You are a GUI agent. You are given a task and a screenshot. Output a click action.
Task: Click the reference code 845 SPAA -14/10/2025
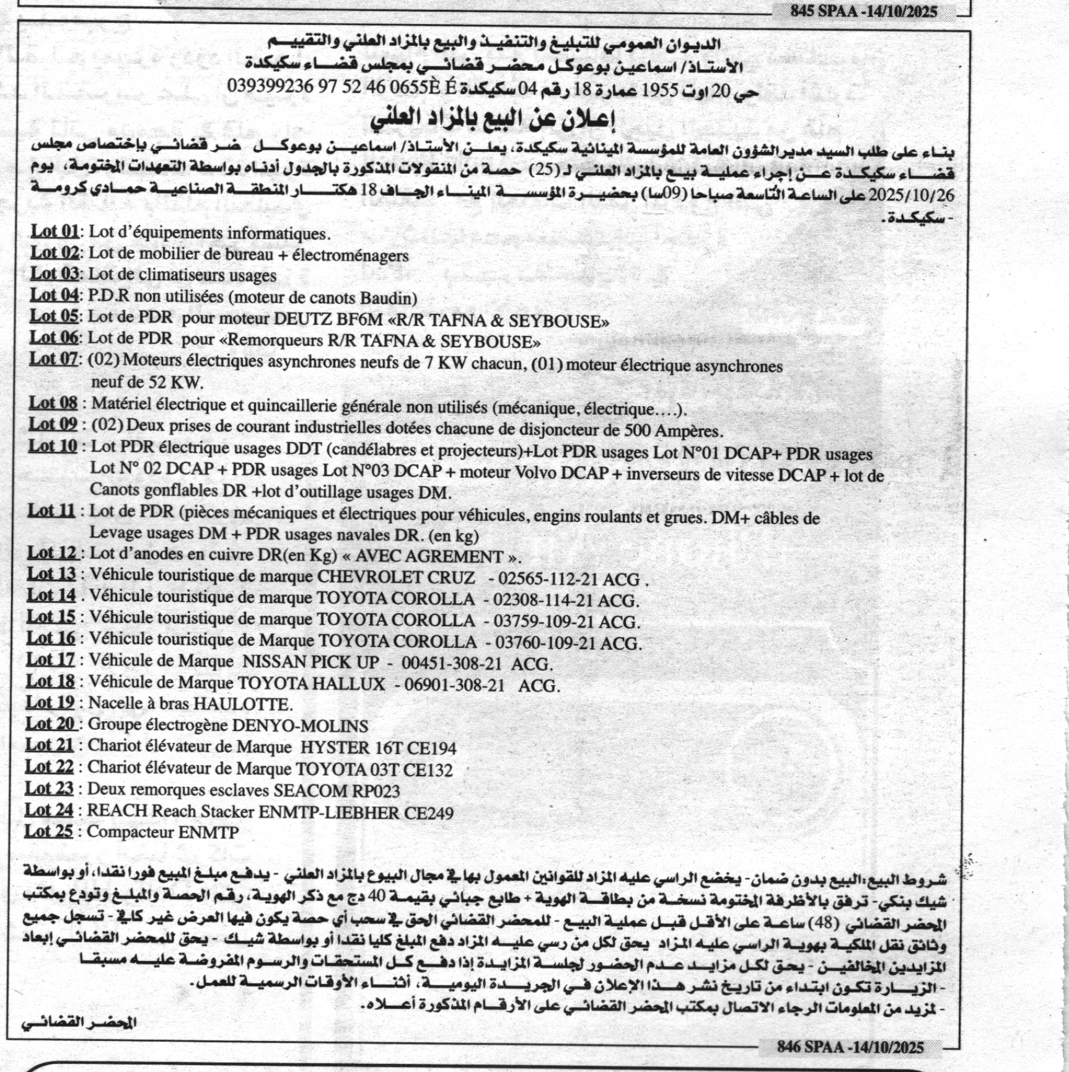click(863, 11)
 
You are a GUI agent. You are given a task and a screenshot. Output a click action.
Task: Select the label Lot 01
click(55, 232)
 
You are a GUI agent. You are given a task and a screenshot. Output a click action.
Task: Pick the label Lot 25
click(48, 831)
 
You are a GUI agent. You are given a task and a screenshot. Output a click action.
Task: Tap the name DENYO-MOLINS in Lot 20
click(299, 725)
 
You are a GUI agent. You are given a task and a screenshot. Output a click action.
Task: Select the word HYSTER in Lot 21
click(333, 747)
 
